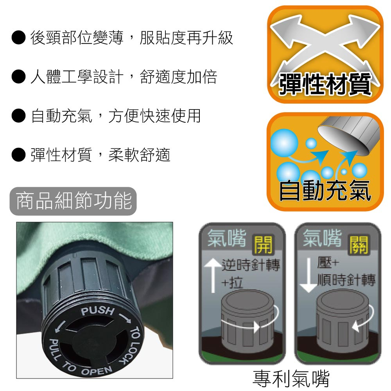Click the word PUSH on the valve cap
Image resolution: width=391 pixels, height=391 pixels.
coord(97,310)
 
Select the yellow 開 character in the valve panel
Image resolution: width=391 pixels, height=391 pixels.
coord(263,245)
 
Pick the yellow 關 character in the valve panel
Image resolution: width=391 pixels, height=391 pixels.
coord(359,245)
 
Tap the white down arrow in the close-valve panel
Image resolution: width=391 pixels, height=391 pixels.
coord(309,275)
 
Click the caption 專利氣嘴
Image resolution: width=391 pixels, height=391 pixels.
coord(291,378)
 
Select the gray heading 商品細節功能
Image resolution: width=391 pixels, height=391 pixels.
coord(74,201)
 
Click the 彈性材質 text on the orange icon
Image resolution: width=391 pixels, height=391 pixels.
coord(325,84)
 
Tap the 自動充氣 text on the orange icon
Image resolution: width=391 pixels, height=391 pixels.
coord(325,190)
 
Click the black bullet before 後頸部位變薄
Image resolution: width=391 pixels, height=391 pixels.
coord(18,38)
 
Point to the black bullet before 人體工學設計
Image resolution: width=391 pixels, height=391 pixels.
coord(18,76)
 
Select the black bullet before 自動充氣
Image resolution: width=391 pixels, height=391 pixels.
coord(18,115)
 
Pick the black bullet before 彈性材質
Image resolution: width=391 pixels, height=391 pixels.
coord(18,154)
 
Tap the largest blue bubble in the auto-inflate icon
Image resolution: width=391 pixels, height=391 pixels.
coord(284,143)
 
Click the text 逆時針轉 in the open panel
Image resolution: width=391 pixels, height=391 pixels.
coord(251,265)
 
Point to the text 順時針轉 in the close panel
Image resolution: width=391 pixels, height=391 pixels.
coord(346,280)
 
